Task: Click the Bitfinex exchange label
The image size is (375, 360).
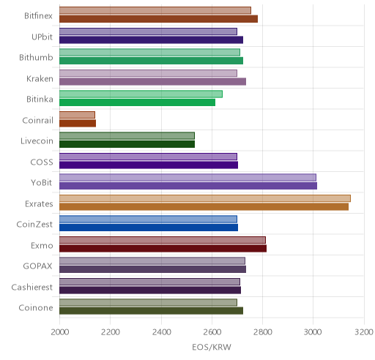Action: click(x=38, y=16)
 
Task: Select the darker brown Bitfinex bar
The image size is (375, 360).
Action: click(x=158, y=19)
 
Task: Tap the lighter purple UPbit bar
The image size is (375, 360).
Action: click(x=148, y=31)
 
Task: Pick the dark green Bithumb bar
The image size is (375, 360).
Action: click(x=151, y=61)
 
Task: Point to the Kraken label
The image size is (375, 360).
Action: click(x=40, y=79)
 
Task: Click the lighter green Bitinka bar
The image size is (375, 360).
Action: click(x=141, y=94)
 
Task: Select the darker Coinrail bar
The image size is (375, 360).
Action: click(x=78, y=124)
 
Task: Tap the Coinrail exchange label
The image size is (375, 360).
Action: click(x=38, y=120)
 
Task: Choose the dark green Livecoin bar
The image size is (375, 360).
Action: click(x=127, y=144)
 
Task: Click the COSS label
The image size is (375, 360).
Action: click(x=42, y=162)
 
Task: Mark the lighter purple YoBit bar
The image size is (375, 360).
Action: click(x=187, y=177)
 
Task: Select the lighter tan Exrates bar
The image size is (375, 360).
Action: click(x=205, y=198)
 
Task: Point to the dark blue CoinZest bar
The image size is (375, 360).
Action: click(x=149, y=228)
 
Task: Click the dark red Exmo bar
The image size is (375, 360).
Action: click(x=163, y=249)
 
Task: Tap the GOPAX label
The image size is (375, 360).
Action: click(x=38, y=266)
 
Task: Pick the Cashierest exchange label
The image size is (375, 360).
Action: click(x=32, y=288)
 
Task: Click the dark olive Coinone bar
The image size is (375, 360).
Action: click(x=151, y=311)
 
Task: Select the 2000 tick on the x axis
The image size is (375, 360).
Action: click(x=60, y=332)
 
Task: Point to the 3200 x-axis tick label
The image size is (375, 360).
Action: click(x=364, y=332)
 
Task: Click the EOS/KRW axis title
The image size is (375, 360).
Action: click(x=212, y=348)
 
